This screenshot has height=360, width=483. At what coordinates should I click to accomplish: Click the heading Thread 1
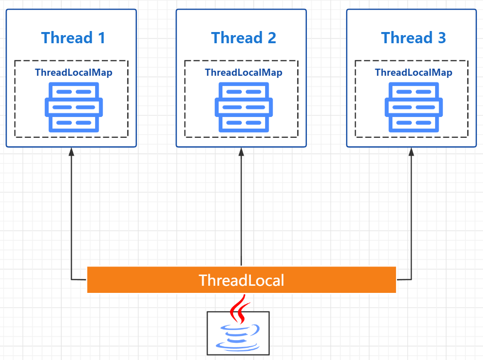coord(73,38)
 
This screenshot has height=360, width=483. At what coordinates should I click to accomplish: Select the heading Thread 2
coord(243,38)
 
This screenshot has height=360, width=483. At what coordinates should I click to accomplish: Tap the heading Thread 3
coord(413,38)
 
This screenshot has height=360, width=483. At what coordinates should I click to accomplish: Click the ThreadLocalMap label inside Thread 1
coord(74,72)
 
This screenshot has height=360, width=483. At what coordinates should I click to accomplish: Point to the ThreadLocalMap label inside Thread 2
coord(243,72)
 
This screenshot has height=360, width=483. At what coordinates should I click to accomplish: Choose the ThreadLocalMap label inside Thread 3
coord(413,72)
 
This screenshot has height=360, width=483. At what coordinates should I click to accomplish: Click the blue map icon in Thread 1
coord(74,107)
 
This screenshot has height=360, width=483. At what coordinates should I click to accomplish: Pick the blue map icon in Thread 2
coord(244,107)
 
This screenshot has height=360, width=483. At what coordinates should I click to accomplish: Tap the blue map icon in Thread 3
coord(414,107)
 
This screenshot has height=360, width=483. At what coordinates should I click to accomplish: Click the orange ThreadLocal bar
coord(127,280)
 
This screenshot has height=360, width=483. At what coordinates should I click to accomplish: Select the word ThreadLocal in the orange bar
coord(241,280)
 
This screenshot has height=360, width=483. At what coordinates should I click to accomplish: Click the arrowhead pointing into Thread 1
coord(71,152)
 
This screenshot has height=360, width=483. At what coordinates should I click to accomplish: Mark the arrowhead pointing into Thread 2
coord(241,152)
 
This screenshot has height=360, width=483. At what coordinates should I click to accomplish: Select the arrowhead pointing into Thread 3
coord(411,152)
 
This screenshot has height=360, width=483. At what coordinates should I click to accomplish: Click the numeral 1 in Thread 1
coord(101,38)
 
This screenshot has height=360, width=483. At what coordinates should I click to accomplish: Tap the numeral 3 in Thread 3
coord(441,38)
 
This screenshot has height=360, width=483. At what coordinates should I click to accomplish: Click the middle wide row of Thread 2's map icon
coord(244,107)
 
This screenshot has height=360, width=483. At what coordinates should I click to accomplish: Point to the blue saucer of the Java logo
coord(237,347)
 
